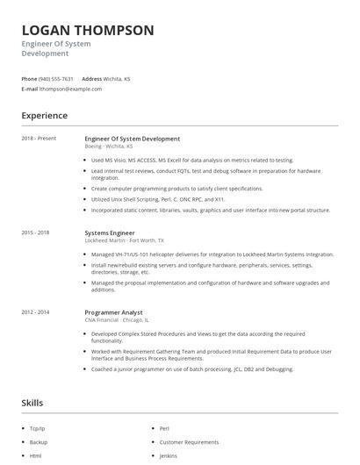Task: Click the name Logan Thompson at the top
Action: tap(88, 30)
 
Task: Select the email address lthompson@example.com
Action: tap(71, 89)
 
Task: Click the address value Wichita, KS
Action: tap(119, 79)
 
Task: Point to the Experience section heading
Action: tap(45, 115)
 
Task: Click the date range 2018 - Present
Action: tap(39, 139)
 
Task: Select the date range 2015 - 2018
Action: tap(36, 232)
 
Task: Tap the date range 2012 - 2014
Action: tap(36, 312)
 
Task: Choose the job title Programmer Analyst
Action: tap(113, 312)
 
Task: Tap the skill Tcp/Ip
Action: tap(37, 428)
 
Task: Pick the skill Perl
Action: tap(164, 428)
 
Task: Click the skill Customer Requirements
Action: tap(189, 442)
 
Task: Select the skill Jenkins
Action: tap(169, 456)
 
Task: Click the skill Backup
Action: tap(38, 442)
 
